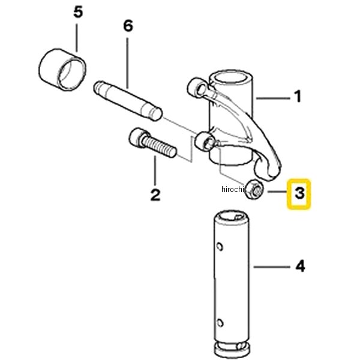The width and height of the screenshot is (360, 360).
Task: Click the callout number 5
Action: click(78, 13)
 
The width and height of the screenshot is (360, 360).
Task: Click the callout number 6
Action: click(128, 26)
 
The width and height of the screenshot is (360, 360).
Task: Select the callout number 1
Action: click(298, 97)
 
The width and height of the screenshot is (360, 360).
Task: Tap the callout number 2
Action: click(155, 195)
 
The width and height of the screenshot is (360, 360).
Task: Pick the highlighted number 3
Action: click(299, 193)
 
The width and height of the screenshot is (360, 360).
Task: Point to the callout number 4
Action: click(300, 266)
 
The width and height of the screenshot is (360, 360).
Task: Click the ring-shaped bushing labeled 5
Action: click(62, 70)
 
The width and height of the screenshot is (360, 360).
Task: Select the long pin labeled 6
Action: click(128, 101)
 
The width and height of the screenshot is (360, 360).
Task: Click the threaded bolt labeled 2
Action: click(152, 142)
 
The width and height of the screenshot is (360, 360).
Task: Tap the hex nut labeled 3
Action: click(254, 190)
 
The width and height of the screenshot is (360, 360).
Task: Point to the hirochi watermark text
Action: click(232, 189)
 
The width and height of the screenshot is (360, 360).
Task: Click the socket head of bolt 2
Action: click(137, 137)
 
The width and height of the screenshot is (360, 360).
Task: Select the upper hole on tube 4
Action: click(220, 247)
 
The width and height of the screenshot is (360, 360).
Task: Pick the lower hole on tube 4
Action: click(220, 323)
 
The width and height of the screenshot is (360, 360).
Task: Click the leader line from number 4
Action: click(272, 267)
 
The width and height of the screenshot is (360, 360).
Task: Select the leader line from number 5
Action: click(77, 37)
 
